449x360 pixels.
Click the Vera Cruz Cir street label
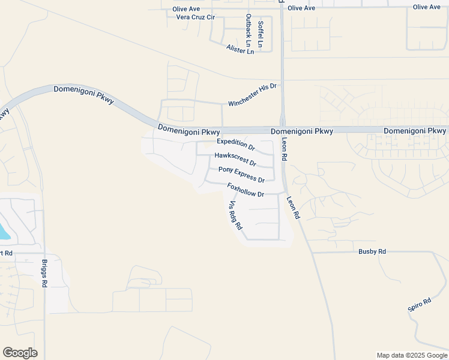click(195, 17)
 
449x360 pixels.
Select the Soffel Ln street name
click(260, 34)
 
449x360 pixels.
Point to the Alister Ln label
click(240, 49)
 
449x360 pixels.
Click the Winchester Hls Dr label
click(252, 95)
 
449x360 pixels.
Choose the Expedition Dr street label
click(236, 144)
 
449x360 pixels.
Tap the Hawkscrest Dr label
click(235, 159)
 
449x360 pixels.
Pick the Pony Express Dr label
click(241, 175)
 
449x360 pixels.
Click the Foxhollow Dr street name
click(246, 190)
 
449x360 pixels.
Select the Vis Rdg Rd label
click(235, 215)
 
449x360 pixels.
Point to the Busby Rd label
click(372, 252)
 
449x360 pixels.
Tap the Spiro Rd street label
click(420, 305)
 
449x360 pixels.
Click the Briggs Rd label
click(44, 274)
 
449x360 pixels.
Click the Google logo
click(20, 353)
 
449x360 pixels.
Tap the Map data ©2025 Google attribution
click(411, 355)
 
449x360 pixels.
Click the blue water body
click(3, 231)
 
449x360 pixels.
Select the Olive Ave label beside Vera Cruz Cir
click(186, 9)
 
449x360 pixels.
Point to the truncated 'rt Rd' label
click(6, 253)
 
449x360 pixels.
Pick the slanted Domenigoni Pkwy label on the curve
click(83, 95)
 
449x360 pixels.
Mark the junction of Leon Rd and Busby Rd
click(312, 252)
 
